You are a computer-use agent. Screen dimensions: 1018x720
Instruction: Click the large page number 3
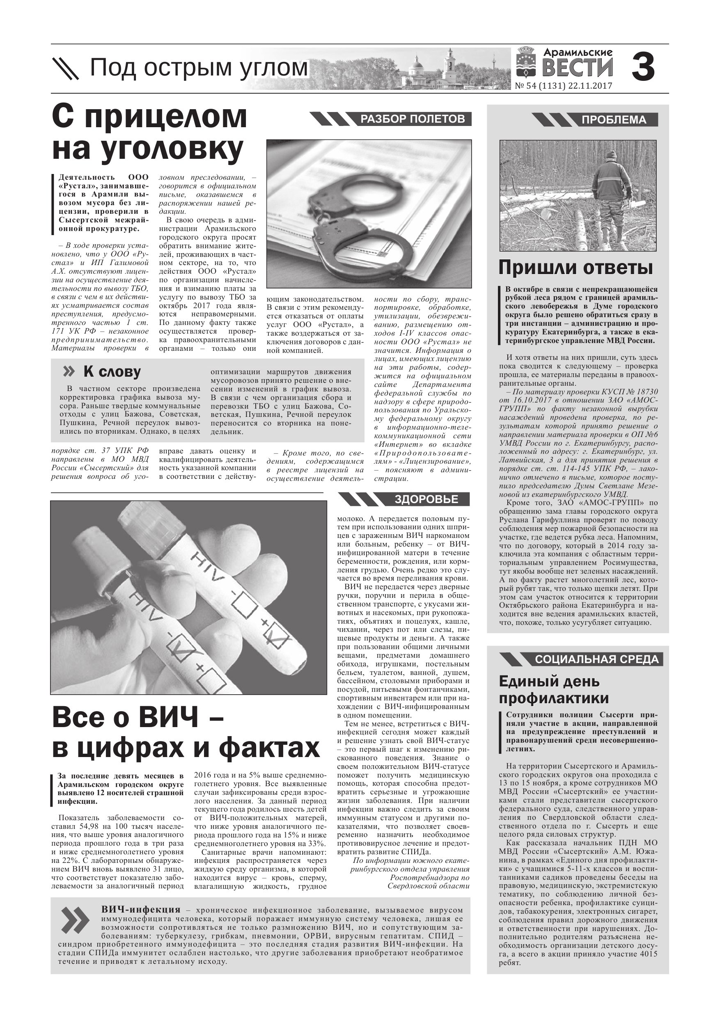[643, 67]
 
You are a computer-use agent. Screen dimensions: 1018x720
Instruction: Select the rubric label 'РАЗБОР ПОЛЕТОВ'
[412, 119]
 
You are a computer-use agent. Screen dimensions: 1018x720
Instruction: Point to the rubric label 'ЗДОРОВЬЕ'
[426, 499]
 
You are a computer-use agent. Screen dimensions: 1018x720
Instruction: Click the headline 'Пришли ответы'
[576, 268]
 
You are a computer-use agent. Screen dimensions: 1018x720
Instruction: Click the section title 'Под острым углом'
[199, 68]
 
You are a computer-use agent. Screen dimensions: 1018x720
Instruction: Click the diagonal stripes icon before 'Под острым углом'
[66, 68]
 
